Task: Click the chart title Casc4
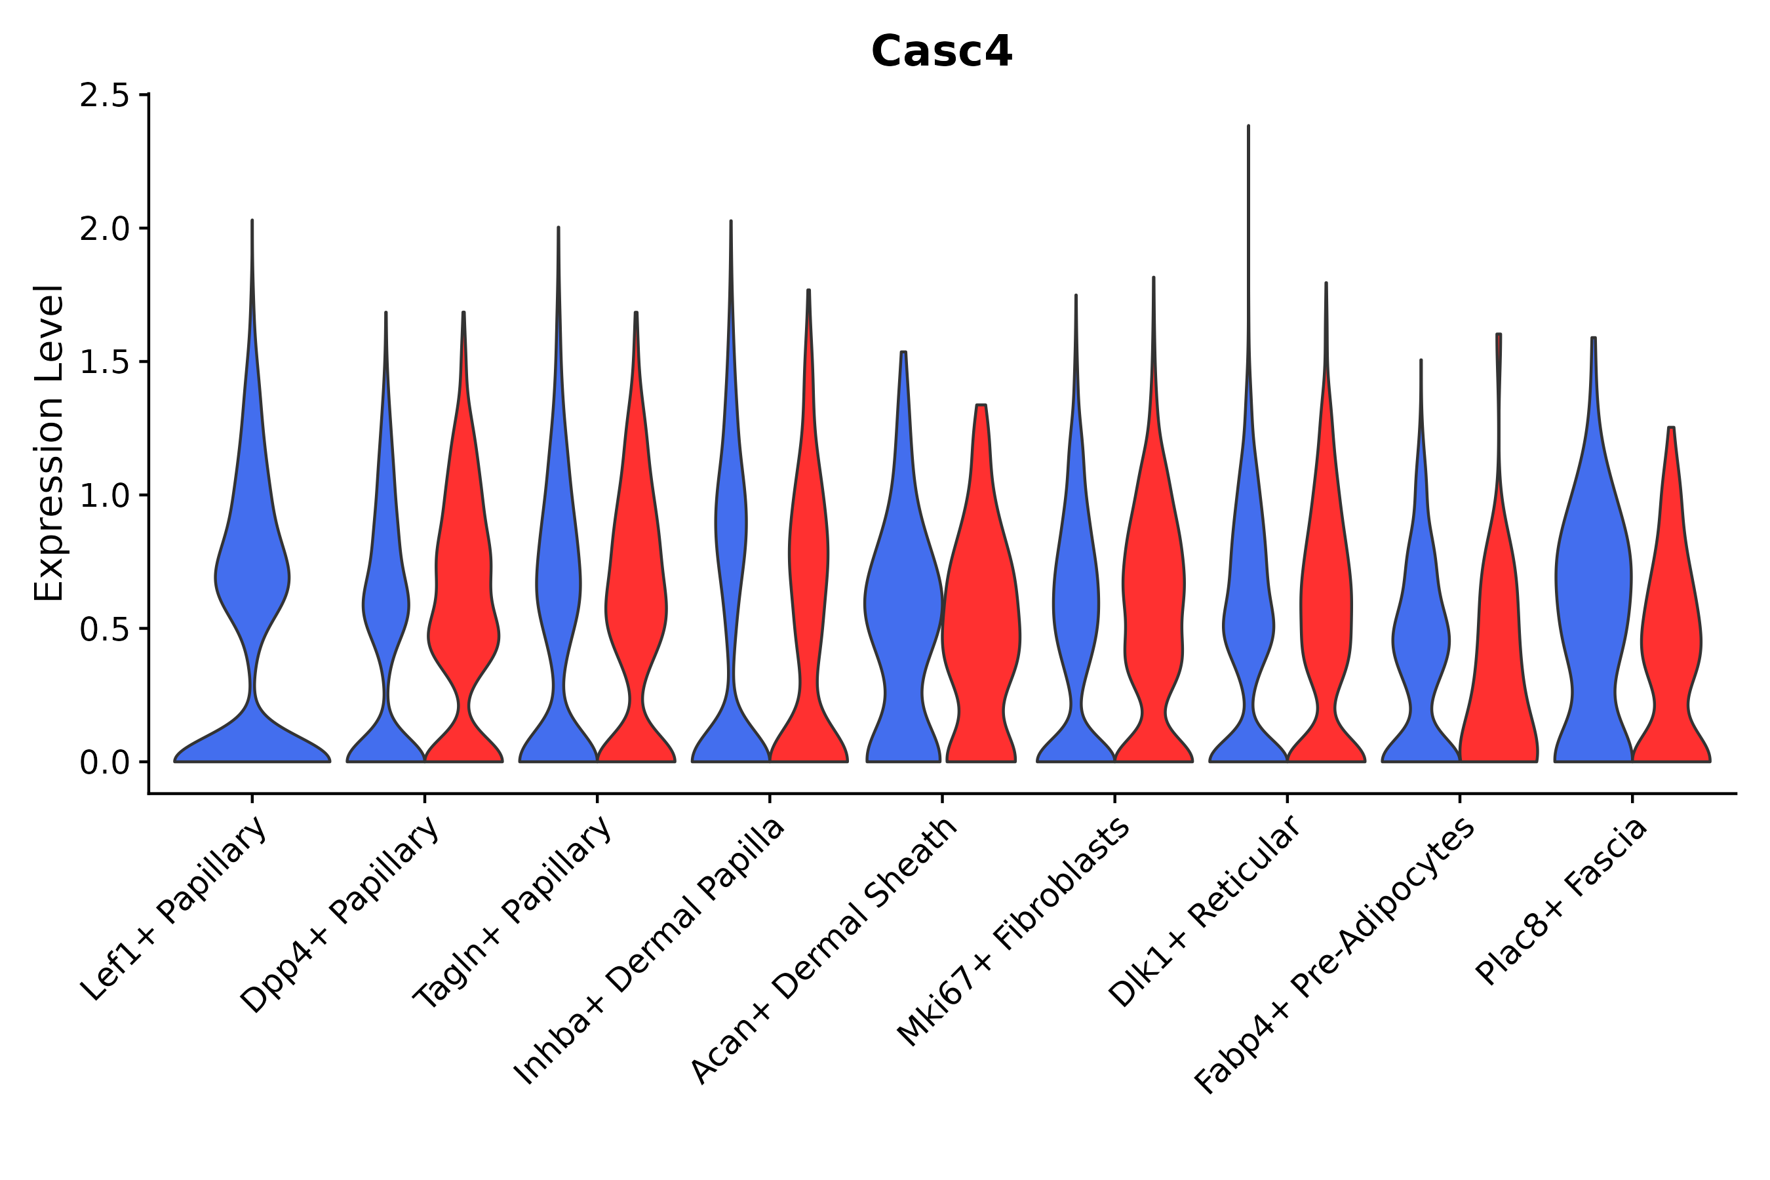941,51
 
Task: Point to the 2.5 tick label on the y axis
104,96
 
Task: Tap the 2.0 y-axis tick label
104,229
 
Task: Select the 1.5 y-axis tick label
104,362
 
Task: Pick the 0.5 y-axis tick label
104,629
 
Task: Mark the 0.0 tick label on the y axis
104,763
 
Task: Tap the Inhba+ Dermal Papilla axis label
650,951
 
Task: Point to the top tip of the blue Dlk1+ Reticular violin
1248,127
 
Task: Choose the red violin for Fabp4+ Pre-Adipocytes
1497,640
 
